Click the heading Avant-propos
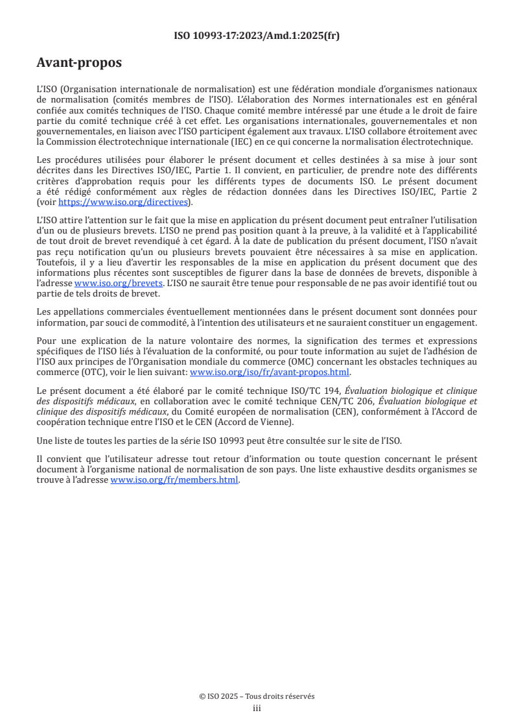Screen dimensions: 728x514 tap(79, 63)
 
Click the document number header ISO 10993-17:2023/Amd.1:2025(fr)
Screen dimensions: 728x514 tap(257, 36)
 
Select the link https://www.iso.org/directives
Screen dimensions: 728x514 tap(123, 202)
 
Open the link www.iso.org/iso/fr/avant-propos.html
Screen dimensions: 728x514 tap(269, 372)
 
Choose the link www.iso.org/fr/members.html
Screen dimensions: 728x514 tap(174, 480)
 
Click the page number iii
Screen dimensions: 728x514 tap(257, 708)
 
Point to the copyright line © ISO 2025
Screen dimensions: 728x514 tap(257, 696)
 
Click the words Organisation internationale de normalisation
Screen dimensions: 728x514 tap(156, 88)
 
